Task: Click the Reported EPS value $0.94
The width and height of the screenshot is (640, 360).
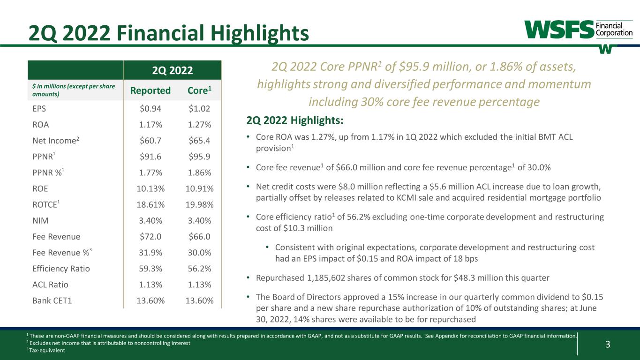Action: tap(151, 109)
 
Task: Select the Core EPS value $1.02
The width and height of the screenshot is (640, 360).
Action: tap(198, 109)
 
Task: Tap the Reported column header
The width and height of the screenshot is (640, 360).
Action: tap(151, 90)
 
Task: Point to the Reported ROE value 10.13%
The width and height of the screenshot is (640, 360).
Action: tap(151, 188)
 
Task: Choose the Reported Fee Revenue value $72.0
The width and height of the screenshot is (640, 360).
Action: tap(151, 237)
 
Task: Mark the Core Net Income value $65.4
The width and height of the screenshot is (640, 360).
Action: tap(198, 141)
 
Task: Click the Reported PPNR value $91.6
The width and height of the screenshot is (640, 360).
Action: tap(151, 157)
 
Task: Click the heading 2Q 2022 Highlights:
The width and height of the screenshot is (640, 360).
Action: tap(294, 121)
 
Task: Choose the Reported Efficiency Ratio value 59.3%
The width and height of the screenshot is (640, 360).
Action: tap(151, 269)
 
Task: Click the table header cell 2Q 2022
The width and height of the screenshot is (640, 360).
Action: tap(172, 71)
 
